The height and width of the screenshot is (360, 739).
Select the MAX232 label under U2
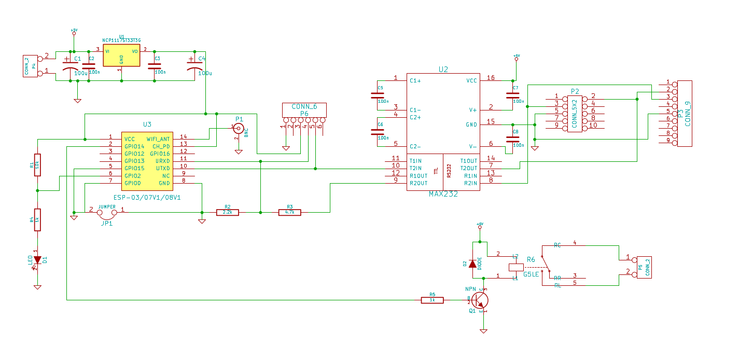(443, 194)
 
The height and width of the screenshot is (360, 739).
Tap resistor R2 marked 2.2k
(227, 212)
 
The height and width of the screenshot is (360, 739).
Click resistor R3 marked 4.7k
(289, 212)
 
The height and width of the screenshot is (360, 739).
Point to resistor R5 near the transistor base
(432, 300)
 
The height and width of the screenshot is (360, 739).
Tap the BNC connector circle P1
(239, 128)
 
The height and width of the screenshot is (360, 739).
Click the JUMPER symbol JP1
(107, 212)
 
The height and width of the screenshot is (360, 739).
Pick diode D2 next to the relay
(472, 264)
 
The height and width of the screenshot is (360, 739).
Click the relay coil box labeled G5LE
(515, 267)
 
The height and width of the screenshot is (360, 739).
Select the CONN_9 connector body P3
(685, 113)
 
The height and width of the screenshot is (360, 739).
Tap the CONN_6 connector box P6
(304, 109)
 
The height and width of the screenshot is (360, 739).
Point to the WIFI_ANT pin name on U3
(158, 139)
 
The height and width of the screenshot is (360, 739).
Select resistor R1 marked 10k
(37, 165)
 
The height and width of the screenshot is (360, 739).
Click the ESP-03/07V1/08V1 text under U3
(147, 198)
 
